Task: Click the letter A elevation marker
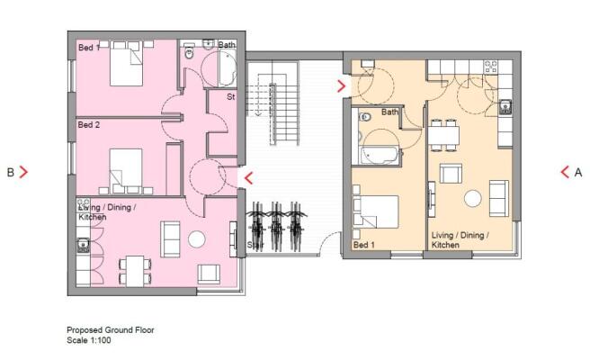pos(578,173)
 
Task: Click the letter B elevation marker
pos(11,173)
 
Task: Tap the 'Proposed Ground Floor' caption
pos(111,330)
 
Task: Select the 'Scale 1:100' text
pos(89,340)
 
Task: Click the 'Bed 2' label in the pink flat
pos(89,124)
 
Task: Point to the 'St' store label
pos(230,97)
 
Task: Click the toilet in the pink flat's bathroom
pos(189,53)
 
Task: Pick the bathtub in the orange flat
pos(379,155)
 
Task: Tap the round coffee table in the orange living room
pos(472,199)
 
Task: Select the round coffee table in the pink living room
pos(196,239)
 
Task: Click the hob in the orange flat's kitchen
pos(490,67)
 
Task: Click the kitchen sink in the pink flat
pos(83,245)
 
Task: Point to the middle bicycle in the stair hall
pos(277,227)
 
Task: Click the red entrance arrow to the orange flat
pos(342,86)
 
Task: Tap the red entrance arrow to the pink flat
pos(248,178)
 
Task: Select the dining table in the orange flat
pos(443,135)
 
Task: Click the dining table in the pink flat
pos(135,271)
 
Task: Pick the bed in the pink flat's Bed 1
pos(127,63)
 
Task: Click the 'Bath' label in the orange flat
pos(389,112)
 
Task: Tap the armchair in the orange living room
pos(451,173)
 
